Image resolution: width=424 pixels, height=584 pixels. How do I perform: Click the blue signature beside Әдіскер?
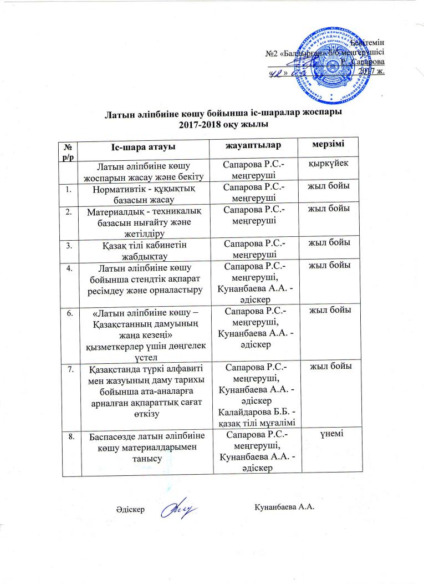[x=180, y=509]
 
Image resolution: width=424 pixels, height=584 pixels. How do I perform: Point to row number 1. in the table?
[x=69, y=190]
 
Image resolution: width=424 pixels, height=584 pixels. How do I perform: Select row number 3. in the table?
[x=69, y=243]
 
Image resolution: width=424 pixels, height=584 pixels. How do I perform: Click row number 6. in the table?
[x=69, y=313]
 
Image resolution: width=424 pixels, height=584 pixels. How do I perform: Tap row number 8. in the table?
[x=69, y=437]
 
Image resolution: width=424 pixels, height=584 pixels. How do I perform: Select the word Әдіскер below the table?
[x=131, y=509]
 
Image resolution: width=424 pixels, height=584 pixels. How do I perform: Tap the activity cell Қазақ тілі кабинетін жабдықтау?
[x=145, y=248]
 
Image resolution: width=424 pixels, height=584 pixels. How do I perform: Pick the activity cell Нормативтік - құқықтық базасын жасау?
[x=145, y=195]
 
